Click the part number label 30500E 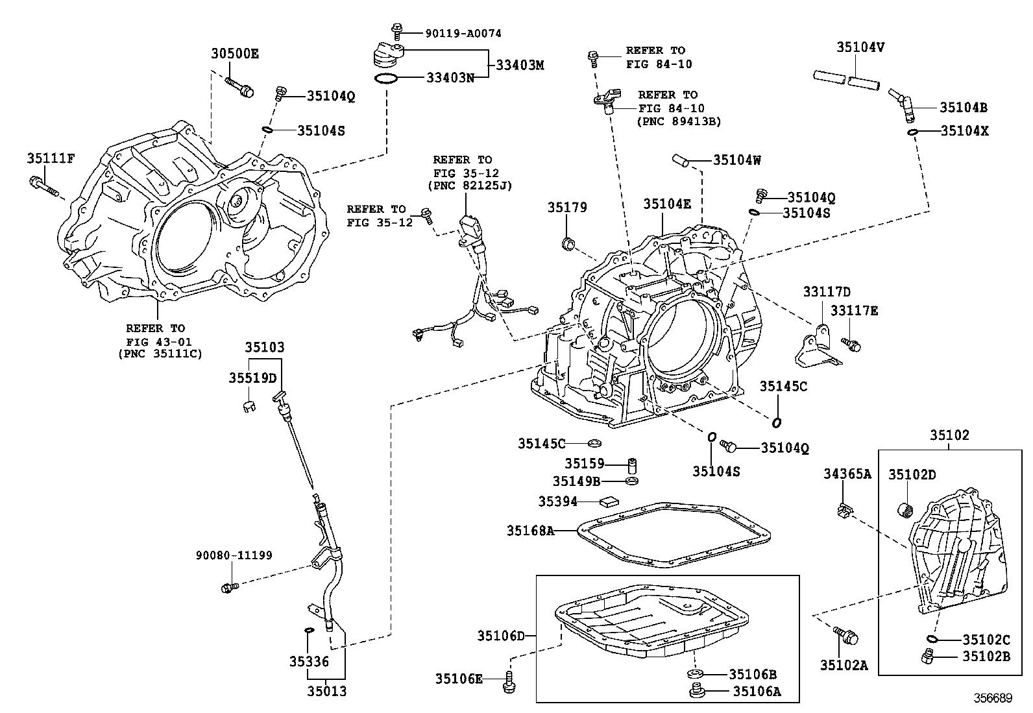[234, 54]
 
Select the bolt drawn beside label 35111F [43, 186]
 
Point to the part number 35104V [860, 47]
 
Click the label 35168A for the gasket [530, 531]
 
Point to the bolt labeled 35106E [509, 683]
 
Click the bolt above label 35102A [845, 636]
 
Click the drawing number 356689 [992, 698]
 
